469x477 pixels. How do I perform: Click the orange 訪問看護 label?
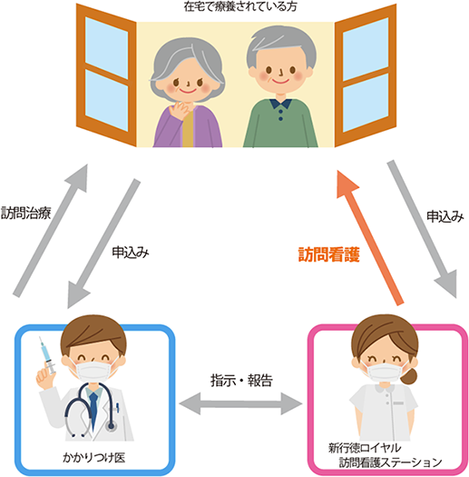coord(329,254)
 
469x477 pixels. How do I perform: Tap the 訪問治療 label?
coord(25,213)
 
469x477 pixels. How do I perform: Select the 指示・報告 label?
coord(241,381)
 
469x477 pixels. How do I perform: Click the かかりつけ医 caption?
coord(93,457)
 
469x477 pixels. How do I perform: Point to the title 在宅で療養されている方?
coord(240,6)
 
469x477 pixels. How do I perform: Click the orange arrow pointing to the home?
coord(370,237)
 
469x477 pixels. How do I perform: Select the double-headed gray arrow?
coord(241,403)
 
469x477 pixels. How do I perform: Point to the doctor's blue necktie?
coord(93,409)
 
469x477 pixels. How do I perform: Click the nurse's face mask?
coord(385,373)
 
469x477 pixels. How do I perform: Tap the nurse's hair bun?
coord(408,376)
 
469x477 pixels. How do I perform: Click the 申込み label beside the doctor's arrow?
coord(131,253)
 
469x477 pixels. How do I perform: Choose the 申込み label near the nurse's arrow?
coord(445,216)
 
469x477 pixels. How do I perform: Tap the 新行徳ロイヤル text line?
coord(364,448)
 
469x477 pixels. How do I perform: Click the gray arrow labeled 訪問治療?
coord(50,231)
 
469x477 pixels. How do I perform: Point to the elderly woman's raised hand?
coord(181,111)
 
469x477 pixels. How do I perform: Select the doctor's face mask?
coord(93,370)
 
